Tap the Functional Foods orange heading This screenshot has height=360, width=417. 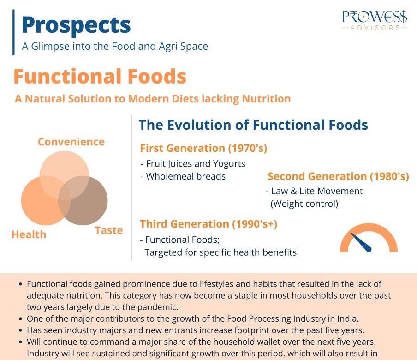point(100,77)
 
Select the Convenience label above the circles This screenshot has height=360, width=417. point(71,142)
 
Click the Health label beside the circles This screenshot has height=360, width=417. point(29,234)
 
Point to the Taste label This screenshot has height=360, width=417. point(109,230)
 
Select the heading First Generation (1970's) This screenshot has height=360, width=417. point(203,148)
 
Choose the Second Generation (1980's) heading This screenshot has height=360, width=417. point(338,176)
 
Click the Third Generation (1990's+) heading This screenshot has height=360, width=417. point(208,224)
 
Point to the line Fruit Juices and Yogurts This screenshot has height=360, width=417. point(195,164)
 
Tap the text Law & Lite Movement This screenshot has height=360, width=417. point(316,191)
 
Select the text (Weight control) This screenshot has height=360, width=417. point(304,204)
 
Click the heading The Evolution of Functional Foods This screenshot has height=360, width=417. point(253,125)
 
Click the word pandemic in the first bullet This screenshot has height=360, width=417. point(155,306)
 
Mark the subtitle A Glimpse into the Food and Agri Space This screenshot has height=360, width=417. point(115,46)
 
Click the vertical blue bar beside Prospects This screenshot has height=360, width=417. point(14,32)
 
